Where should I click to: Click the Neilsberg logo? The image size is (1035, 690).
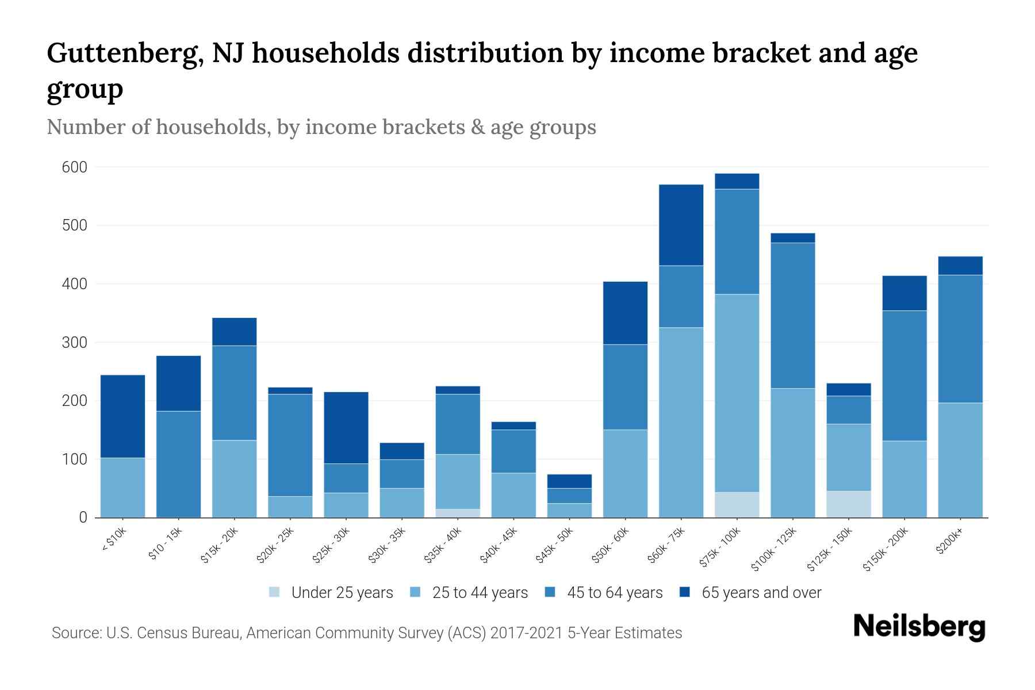[919, 627]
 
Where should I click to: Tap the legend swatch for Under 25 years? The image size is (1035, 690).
[275, 592]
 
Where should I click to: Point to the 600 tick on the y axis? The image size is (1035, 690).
[75, 167]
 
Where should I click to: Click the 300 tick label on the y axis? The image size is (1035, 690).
[75, 343]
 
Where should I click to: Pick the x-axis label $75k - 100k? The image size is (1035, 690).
[721, 549]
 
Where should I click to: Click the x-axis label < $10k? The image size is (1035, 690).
[113, 540]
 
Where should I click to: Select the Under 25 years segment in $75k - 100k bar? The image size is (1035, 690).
[737, 505]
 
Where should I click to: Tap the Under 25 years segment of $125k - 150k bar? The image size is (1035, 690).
[848, 504]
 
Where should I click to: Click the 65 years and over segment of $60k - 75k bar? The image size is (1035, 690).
[681, 225]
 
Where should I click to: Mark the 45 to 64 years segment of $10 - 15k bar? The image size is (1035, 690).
[178, 464]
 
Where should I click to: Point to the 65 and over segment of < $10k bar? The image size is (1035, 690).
[122, 416]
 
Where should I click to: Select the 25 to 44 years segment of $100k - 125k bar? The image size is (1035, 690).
[792, 453]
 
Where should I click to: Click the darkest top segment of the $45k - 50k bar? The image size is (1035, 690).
[569, 481]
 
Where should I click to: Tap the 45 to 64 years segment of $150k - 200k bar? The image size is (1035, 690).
[904, 375]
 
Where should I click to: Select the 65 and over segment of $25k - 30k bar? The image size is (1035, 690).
[346, 428]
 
